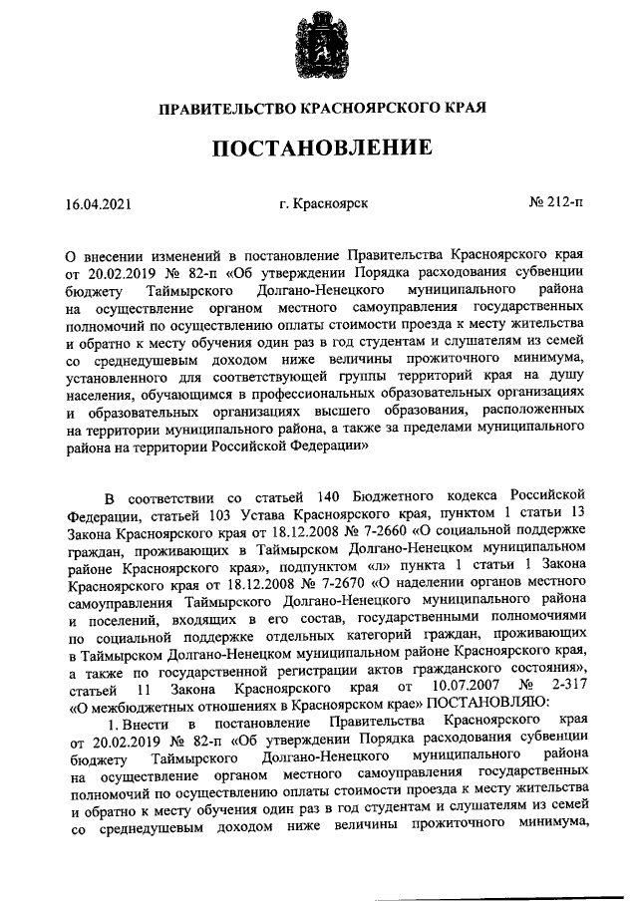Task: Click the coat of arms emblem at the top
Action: [319, 46]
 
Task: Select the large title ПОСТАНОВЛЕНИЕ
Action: [319, 150]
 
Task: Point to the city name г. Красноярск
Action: [324, 204]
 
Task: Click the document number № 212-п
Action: [556, 203]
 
